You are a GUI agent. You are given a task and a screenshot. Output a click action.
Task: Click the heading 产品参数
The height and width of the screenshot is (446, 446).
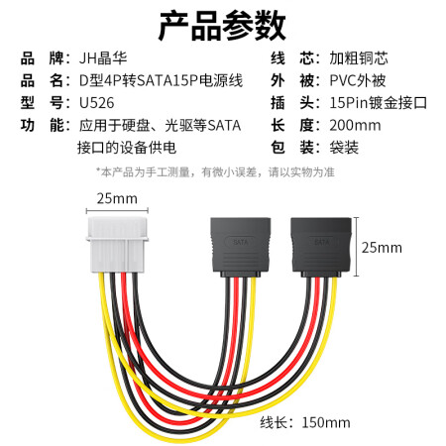point(222,26)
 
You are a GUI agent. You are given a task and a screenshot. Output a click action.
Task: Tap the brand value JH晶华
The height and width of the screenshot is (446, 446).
point(103,58)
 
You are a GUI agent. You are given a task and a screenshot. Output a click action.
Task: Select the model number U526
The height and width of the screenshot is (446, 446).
point(97,103)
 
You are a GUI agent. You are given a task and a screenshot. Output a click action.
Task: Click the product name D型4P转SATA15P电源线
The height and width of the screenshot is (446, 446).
point(161,81)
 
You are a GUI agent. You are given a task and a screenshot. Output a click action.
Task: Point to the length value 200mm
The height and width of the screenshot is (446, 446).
point(355,126)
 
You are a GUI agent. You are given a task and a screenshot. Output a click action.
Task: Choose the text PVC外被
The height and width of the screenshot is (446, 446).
point(358,81)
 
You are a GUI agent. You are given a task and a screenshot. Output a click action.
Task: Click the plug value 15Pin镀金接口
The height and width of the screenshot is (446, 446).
point(379,103)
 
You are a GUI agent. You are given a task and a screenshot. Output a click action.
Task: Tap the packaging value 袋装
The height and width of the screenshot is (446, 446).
point(344,148)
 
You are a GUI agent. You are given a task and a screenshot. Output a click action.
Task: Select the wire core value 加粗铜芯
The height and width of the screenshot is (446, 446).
point(359,58)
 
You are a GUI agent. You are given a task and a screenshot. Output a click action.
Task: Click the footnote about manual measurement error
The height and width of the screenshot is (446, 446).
point(215,172)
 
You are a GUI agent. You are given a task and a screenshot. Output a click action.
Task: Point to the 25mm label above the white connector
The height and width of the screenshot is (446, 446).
point(117,199)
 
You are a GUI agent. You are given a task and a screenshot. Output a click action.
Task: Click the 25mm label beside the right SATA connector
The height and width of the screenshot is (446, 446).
point(382,248)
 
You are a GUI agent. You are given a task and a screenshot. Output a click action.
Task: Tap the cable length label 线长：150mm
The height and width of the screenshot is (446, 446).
point(305,423)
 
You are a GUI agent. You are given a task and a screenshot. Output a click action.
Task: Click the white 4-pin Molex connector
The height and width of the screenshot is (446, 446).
point(117,245)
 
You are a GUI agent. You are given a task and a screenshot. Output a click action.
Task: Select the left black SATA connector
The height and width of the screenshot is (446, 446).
point(241,247)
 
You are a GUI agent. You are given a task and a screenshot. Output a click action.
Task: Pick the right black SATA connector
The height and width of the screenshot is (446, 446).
point(321,247)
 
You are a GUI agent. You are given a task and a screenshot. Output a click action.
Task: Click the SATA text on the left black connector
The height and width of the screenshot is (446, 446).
point(240,242)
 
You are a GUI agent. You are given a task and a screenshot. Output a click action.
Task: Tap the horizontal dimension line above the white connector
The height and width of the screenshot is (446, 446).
point(117,210)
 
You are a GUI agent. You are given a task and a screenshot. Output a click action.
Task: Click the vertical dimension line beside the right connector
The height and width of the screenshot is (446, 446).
point(356,247)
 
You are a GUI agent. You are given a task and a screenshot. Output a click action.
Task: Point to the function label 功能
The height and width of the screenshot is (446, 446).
point(42,126)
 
